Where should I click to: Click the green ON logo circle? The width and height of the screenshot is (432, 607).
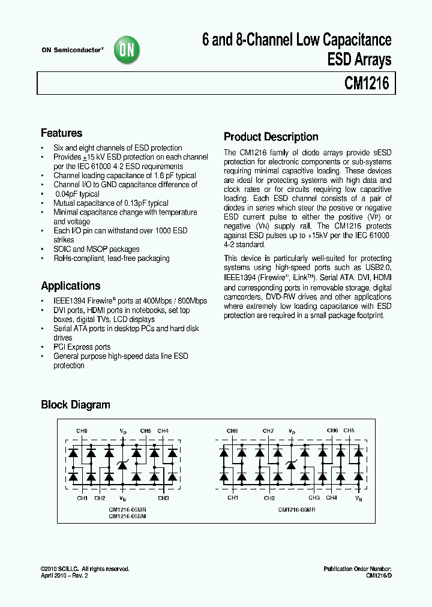127,51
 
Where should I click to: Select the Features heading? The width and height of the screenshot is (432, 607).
61,133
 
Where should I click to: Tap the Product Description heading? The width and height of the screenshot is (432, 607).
271,136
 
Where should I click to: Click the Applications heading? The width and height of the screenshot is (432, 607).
70,286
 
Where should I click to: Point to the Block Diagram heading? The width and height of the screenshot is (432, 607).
75,404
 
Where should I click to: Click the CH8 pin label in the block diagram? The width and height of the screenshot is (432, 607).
232,431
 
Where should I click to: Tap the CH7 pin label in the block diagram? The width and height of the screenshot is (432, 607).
269,431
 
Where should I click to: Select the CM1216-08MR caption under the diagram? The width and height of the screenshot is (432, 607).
296,509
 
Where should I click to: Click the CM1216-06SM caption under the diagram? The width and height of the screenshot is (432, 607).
128,514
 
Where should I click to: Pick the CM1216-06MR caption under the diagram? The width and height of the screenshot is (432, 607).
128,508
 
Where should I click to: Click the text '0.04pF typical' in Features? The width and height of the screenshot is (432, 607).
77,194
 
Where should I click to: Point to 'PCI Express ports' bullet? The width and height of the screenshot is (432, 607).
82,347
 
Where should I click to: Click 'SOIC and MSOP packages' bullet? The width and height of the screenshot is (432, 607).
96,249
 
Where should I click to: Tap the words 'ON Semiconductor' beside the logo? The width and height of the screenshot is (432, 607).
71,50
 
